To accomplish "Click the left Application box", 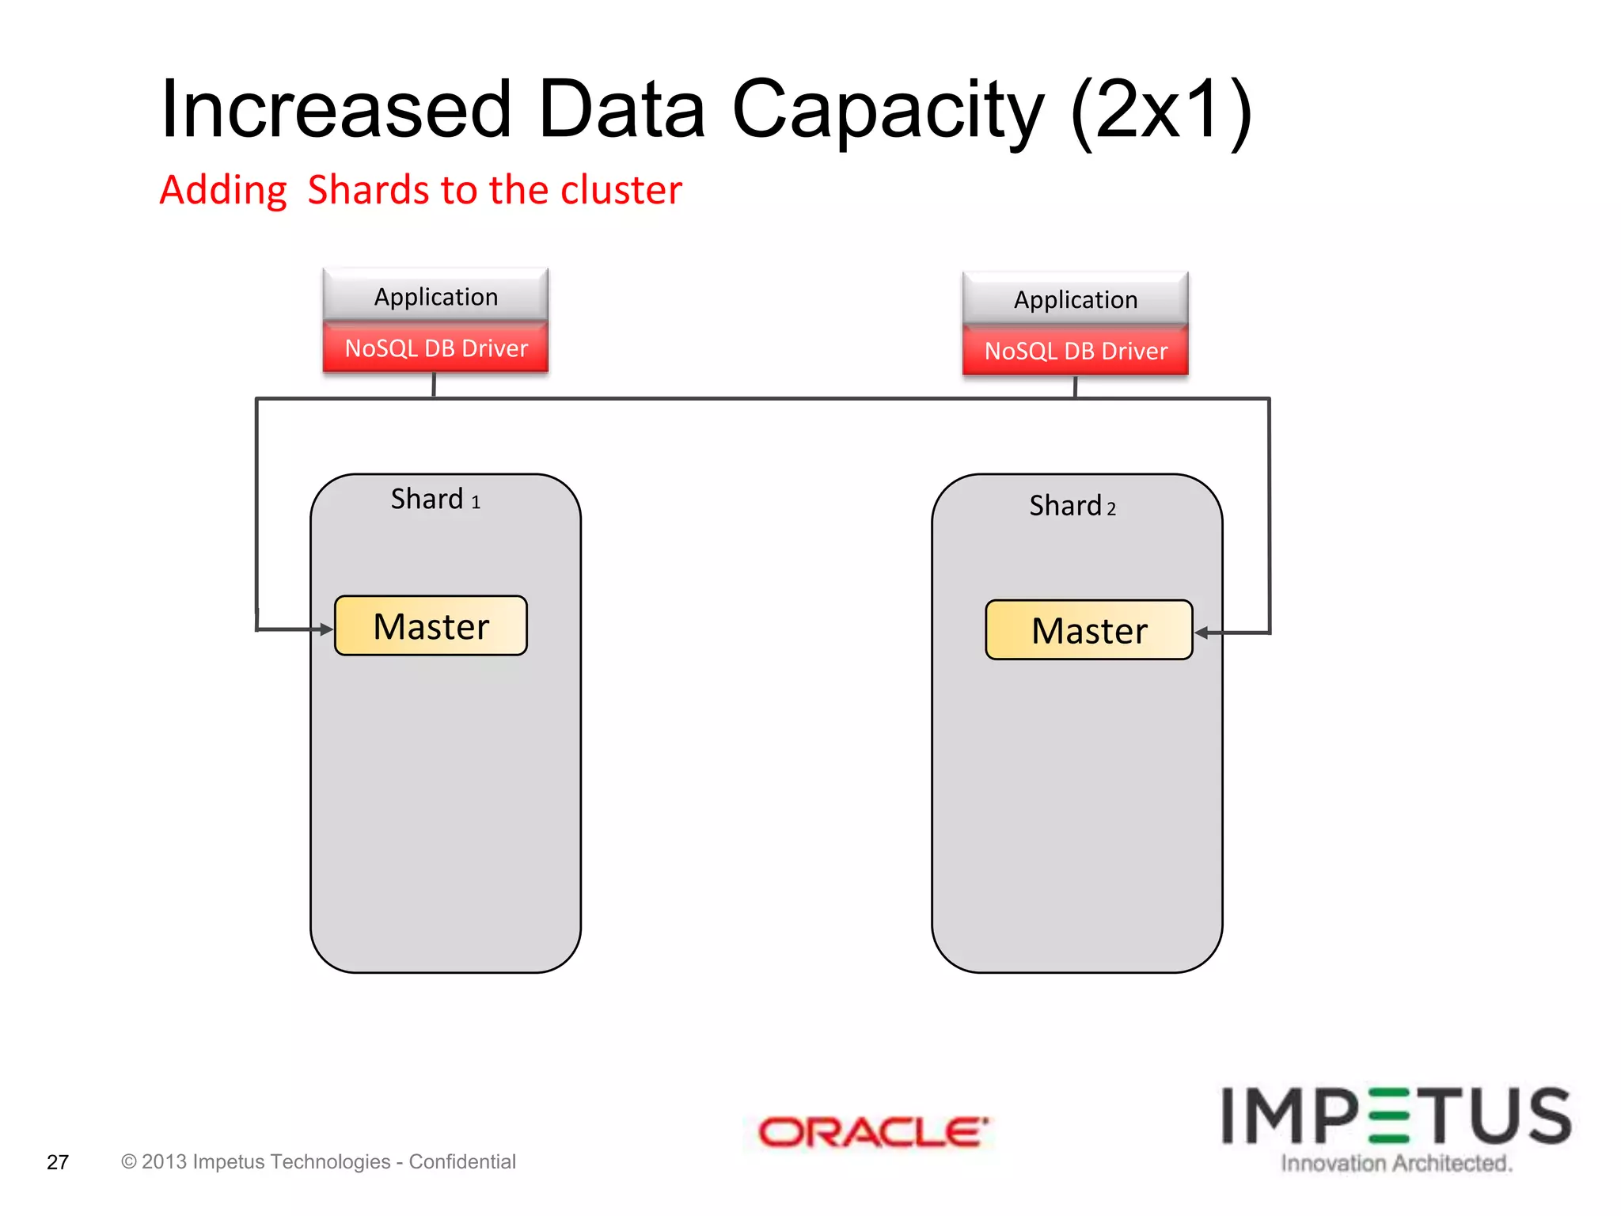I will [x=435, y=297].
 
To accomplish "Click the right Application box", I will [x=1075, y=299].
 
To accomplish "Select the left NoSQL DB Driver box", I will [x=435, y=348].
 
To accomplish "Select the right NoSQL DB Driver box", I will [x=1075, y=351].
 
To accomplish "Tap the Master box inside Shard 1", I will [x=431, y=626].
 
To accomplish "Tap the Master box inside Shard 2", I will [x=1088, y=630].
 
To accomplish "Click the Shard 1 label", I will [x=435, y=500].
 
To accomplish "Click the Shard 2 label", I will [x=1072, y=506].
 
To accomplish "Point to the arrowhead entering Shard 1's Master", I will [x=326, y=629].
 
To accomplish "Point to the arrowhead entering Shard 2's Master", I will [x=1202, y=633].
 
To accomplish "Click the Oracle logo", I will [x=872, y=1132].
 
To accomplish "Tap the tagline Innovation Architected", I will [x=1396, y=1163].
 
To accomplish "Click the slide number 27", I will [x=58, y=1162].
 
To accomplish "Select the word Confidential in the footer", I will [x=462, y=1161].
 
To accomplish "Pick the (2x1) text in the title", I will [x=1161, y=111].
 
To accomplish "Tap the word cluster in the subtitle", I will [x=621, y=190].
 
